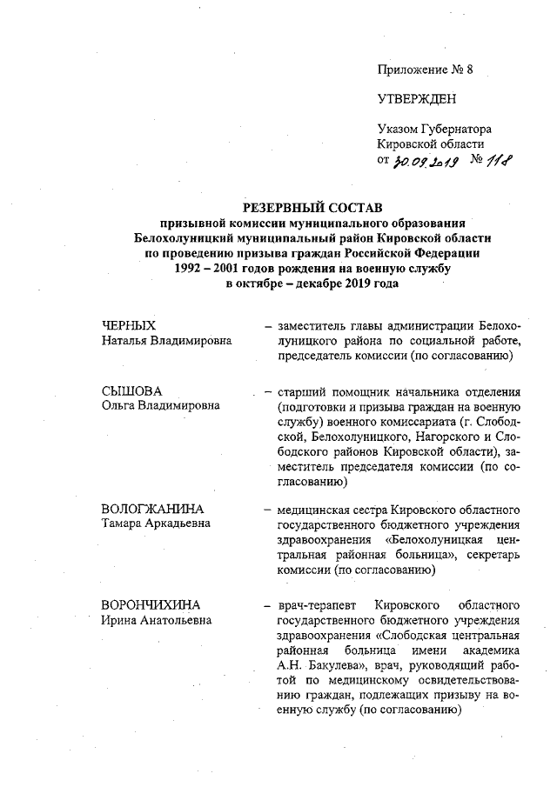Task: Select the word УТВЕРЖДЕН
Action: point(417,99)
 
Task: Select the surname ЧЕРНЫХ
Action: point(129,325)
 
